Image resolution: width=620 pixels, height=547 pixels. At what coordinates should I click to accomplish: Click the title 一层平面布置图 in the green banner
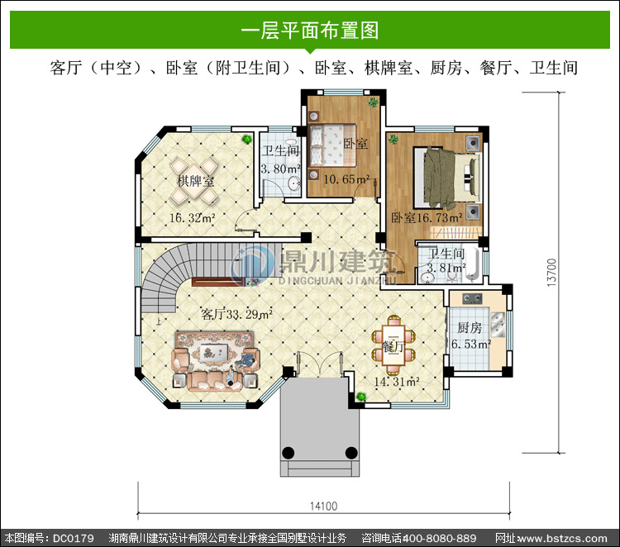tap(310, 31)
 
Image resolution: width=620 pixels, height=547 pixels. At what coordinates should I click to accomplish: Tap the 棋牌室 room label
tap(195, 181)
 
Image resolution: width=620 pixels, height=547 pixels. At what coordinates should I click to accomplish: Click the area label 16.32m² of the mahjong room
tap(192, 218)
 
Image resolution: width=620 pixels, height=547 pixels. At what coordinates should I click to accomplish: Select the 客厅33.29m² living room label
tap(236, 314)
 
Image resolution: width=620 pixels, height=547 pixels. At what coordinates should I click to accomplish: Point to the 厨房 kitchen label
tap(470, 328)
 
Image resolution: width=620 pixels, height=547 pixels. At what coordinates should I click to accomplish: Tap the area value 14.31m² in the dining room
tap(397, 382)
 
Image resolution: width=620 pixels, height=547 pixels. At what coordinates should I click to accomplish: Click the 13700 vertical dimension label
tap(551, 273)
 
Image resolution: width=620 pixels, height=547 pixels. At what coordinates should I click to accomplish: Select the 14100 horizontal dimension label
tap(323, 506)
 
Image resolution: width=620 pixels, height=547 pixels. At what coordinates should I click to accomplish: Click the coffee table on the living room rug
tap(214, 351)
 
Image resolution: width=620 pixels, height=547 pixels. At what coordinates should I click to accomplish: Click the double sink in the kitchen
tap(498, 324)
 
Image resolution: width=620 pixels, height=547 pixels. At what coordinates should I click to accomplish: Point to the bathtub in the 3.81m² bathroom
tap(472, 264)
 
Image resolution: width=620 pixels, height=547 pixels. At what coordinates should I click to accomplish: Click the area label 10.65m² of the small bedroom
tap(346, 179)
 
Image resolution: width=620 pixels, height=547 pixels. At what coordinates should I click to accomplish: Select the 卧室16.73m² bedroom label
tap(427, 217)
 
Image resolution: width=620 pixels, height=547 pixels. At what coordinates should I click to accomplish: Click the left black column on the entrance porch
tap(288, 452)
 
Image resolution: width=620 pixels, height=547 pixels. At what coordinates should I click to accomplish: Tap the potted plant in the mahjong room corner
tap(247, 139)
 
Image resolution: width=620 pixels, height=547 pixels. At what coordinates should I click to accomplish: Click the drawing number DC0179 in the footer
tap(73, 538)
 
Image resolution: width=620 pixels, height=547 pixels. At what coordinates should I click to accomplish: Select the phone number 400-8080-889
tap(439, 538)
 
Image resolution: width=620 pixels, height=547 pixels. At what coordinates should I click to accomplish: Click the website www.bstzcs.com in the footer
tap(562, 538)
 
